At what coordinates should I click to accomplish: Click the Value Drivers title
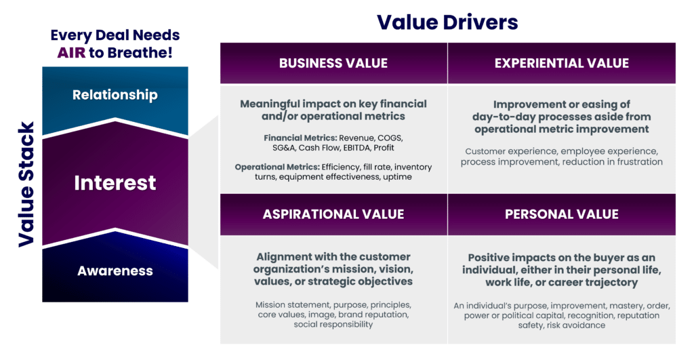click(x=447, y=22)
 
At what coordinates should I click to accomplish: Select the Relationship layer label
click(x=115, y=94)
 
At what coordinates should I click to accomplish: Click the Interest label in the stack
click(x=115, y=182)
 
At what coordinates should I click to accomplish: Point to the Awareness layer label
click(x=115, y=271)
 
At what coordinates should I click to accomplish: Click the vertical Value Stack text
click(x=26, y=184)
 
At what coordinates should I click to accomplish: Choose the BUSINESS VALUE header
click(x=333, y=63)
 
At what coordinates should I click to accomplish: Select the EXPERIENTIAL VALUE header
click(x=561, y=63)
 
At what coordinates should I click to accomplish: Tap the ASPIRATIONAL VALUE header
click(x=333, y=214)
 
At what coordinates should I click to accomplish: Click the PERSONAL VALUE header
click(x=561, y=214)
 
